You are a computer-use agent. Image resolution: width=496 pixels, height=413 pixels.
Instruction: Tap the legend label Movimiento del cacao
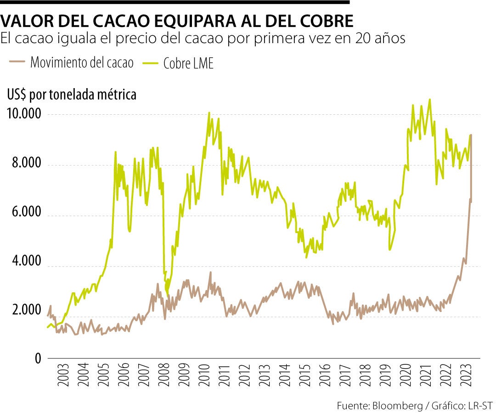tap(82, 63)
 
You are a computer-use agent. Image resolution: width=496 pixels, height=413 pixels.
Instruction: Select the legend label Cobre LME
tap(188, 64)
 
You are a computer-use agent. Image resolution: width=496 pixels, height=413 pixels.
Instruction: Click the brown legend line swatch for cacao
tap(17, 63)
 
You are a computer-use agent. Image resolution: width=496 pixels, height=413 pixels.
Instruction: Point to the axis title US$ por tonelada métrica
tap(72, 95)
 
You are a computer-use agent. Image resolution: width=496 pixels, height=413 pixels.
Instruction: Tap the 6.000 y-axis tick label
tap(27, 215)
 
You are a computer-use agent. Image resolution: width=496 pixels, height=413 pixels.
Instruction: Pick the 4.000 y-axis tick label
tap(27, 265)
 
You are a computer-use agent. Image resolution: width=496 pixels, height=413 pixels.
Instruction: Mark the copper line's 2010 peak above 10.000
tap(209, 112)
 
